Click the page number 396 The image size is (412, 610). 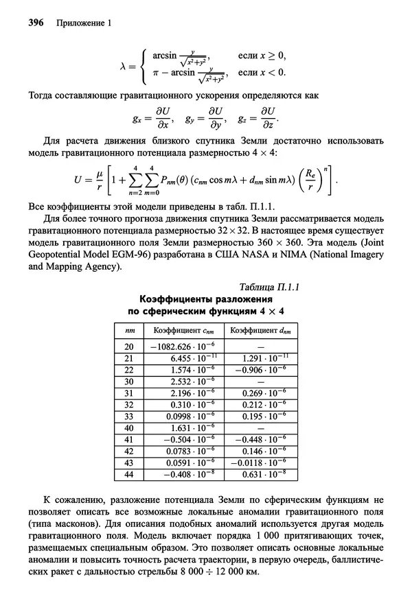36,23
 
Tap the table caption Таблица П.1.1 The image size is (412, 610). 270,288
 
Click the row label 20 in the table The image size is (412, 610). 130,347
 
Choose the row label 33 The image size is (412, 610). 130,416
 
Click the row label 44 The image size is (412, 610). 130,474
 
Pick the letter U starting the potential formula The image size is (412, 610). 77,183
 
